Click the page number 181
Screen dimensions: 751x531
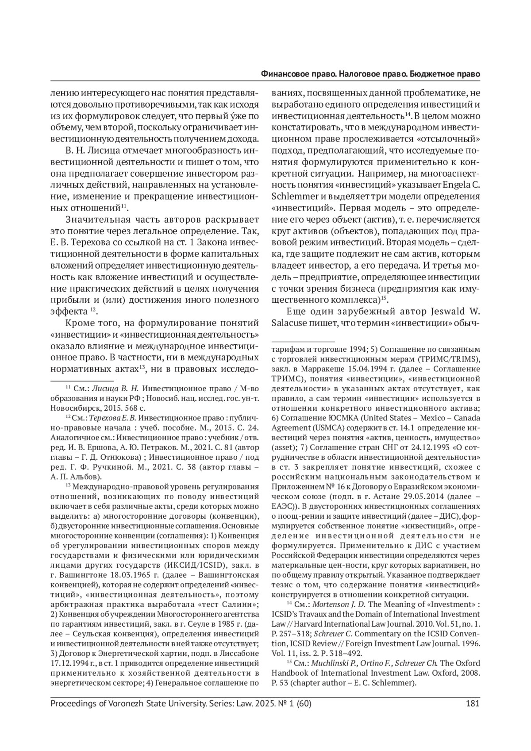473,703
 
